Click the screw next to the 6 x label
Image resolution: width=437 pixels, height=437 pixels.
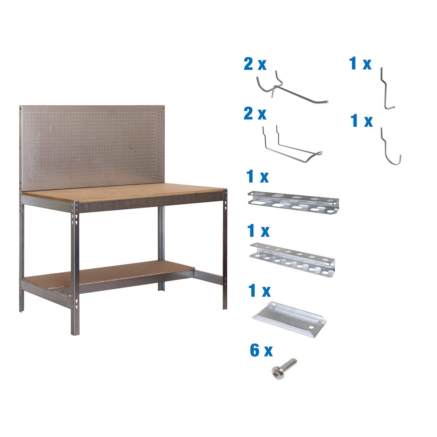click(284, 368)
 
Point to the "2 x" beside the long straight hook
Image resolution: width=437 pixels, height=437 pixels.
click(255, 65)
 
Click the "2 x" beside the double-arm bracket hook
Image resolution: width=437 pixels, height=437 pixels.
click(255, 114)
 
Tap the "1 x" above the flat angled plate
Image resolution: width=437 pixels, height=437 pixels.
click(259, 291)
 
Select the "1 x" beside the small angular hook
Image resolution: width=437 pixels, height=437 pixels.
click(360, 64)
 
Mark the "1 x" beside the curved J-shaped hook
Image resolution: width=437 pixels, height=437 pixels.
click(362, 121)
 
